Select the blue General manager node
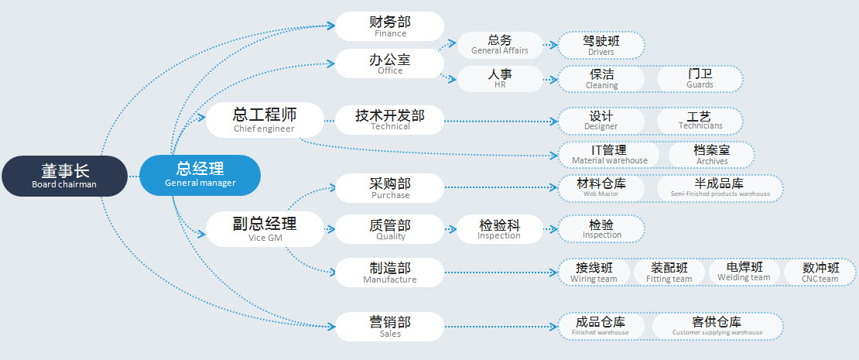(x=200, y=175)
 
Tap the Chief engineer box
(x=264, y=120)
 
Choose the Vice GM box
(x=264, y=229)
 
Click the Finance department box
(x=389, y=26)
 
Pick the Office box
(x=389, y=63)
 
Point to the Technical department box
(x=389, y=119)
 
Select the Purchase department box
(x=389, y=188)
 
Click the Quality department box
(x=389, y=230)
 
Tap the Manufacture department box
(x=389, y=273)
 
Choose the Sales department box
(x=389, y=327)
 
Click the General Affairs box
(x=500, y=45)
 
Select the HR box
(x=500, y=78)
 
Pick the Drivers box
(x=601, y=45)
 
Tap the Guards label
(x=700, y=78)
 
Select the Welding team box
(x=744, y=273)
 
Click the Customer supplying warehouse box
(x=717, y=326)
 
